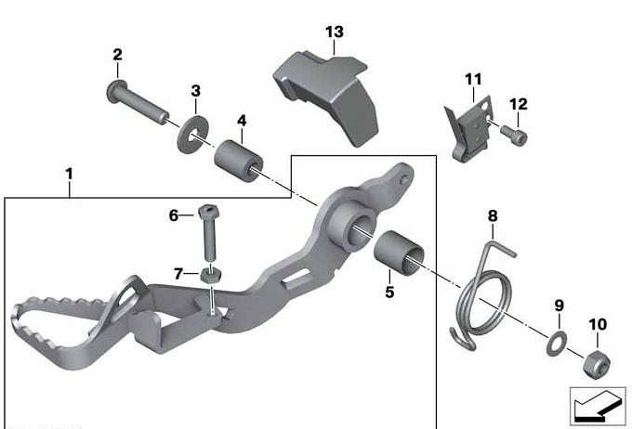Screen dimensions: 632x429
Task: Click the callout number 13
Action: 335,32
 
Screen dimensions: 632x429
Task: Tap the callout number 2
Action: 117,55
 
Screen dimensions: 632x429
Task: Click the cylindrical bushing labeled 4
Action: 238,161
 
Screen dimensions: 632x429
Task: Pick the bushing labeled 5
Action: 399,253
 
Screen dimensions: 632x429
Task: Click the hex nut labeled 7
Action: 210,275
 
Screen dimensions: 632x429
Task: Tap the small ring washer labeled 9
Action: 557,343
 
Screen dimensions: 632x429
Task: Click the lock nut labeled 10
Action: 597,365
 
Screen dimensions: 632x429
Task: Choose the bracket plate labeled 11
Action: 469,130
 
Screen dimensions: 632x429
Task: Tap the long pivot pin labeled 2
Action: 137,102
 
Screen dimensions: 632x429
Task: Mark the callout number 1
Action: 70,175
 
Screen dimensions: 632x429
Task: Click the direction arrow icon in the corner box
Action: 597,407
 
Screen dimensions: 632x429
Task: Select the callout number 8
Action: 493,216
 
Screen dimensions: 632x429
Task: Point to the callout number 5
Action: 389,292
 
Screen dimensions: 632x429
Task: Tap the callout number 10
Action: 598,324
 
